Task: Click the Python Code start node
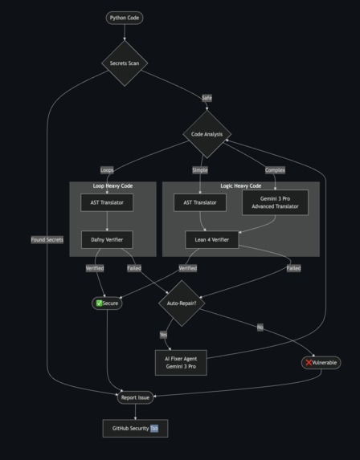[x=125, y=18]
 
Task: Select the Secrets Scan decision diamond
[x=125, y=63]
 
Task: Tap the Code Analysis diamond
[x=207, y=134]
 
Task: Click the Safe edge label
[x=207, y=98]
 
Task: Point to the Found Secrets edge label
[x=47, y=239]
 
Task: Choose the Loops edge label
[x=107, y=170]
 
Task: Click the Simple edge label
[x=200, y=170]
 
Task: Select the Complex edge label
[x=275, y=170]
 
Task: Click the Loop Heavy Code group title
[x=112, y=186]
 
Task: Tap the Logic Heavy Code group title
[x=241, y=186]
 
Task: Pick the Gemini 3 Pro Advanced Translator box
[x=275, y=202]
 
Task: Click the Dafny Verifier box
[x=107, y=238]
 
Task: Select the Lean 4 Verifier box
[x=211, y=238]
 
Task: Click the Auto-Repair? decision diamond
[x=182, y=303]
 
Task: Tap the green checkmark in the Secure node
[x=99, y=303]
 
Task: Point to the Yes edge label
[x=163, y=335]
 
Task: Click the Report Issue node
[x=135, y=397]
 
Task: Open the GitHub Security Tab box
[x=135, y=429]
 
